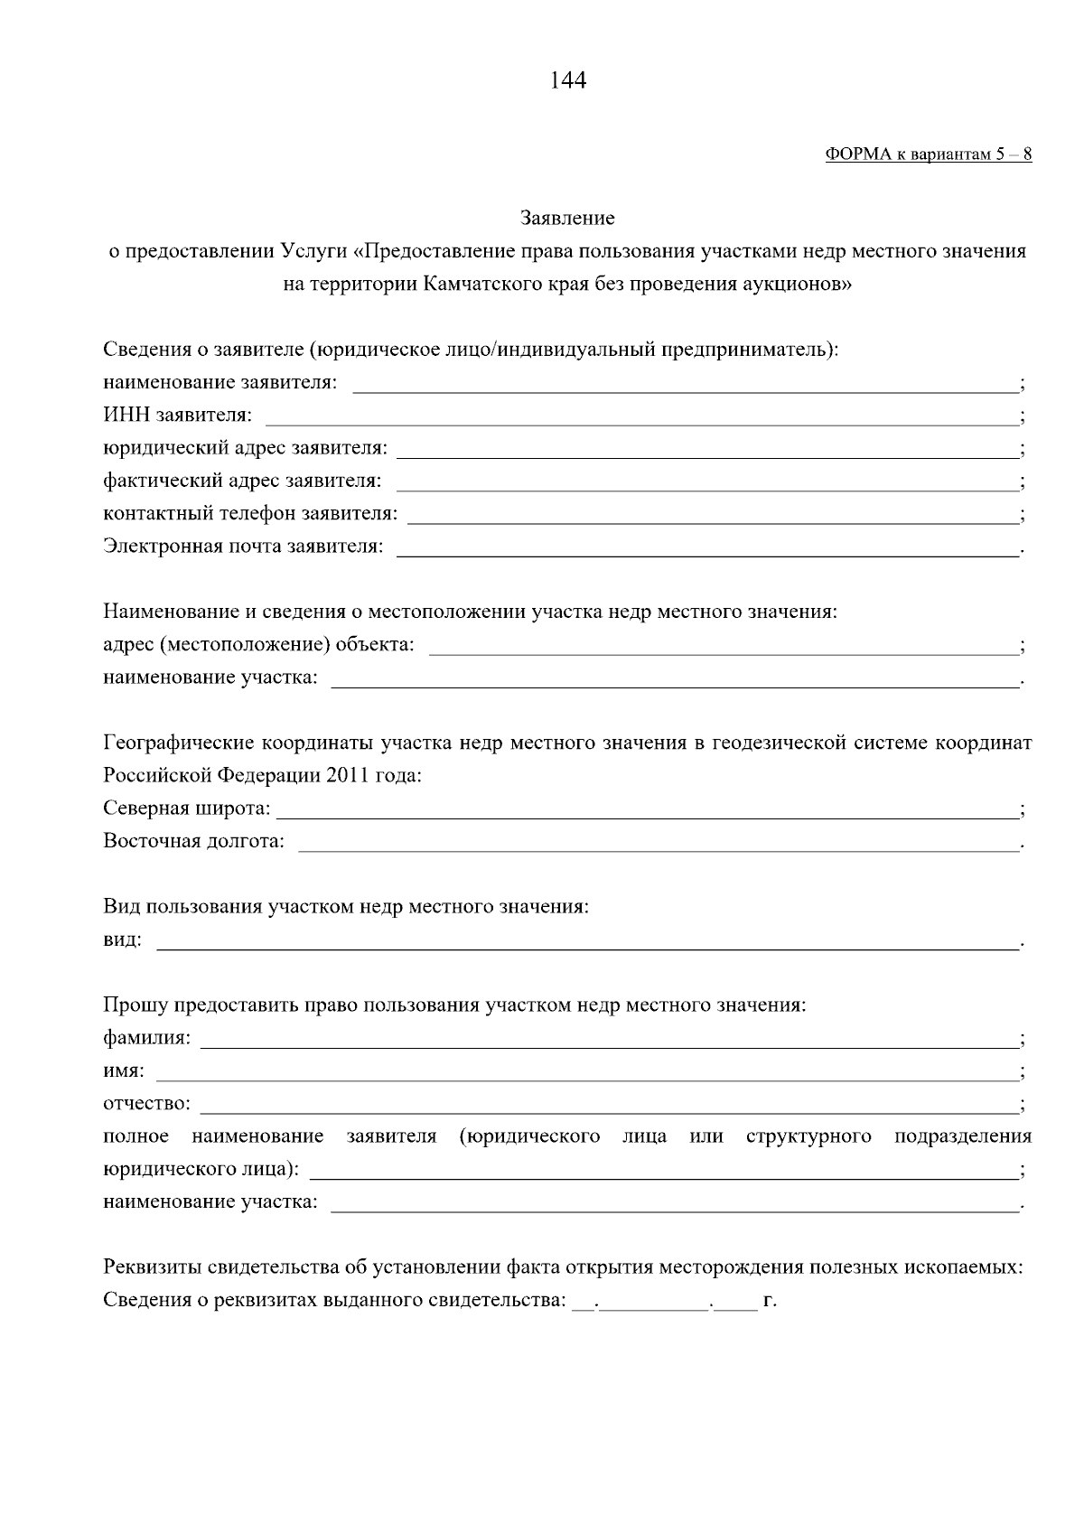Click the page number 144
[x=567, y=81]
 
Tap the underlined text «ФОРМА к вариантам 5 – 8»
[x=929, y=154]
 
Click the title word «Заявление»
[x=567, y=218]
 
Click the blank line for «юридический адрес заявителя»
[x=706, y=451]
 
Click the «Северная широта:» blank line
[x=645, y=811]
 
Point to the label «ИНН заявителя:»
[x=178, y=416]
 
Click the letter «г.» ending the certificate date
[x=770, y=1302]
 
